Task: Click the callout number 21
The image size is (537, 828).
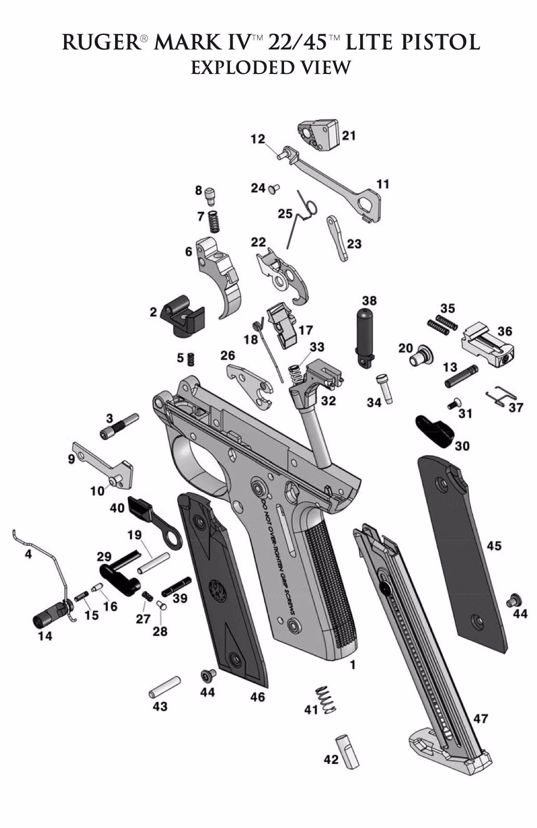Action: pos(348,135)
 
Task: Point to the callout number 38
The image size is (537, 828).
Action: pos(369,300)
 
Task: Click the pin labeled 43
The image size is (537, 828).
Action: pos(164,688)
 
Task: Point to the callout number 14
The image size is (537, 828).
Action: pos(45,636)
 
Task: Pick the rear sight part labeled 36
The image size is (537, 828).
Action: pos(487,346)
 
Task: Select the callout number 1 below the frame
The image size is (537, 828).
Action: pos(352,665)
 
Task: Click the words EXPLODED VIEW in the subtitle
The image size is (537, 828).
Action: pos(270,68)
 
